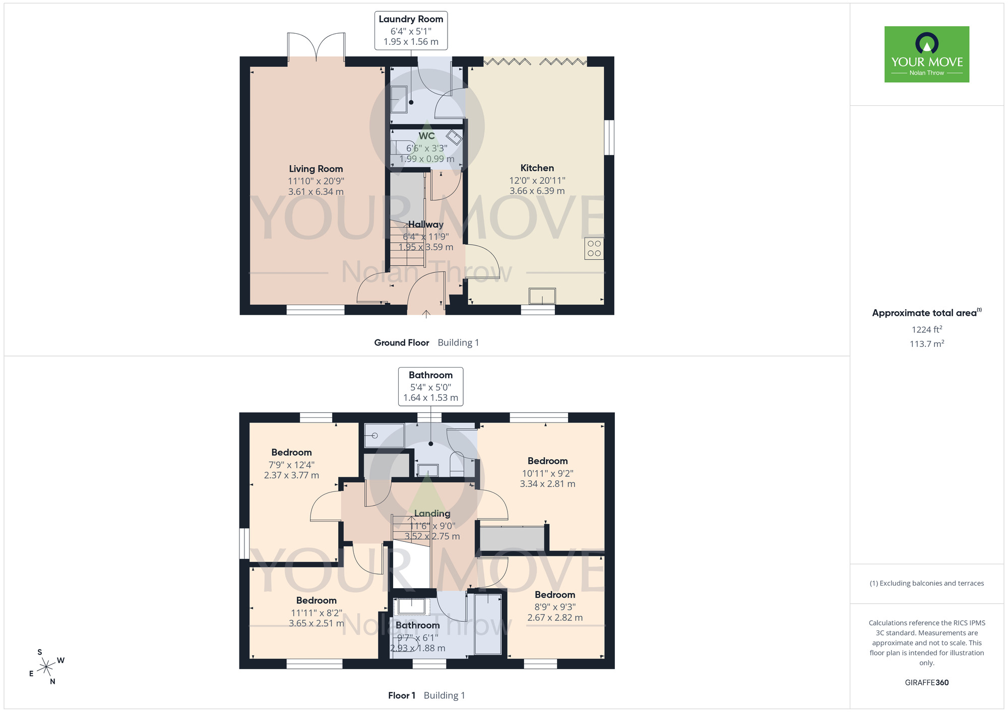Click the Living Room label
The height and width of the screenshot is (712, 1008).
316,169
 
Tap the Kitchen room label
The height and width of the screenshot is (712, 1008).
537,168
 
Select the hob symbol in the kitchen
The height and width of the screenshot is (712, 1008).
594,249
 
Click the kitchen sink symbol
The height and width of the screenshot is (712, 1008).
542,296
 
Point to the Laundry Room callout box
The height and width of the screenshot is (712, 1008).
411,31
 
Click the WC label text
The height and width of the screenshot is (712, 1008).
426,136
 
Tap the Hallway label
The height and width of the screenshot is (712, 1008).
426,225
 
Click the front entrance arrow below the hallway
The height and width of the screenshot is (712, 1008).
426,314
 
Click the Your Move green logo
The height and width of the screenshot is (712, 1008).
927,54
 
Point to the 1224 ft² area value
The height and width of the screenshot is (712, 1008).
927,329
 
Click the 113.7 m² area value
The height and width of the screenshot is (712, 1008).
927,344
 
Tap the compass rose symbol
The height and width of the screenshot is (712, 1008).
46,667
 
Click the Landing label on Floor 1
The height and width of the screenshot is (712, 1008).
432,514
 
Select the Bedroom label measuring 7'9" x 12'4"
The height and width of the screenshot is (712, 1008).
291,453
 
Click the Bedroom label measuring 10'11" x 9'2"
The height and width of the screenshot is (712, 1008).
548,461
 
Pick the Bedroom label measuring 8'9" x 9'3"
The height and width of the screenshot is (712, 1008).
555,595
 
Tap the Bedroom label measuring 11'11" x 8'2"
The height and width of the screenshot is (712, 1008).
317,601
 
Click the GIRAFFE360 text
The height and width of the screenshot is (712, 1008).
927,683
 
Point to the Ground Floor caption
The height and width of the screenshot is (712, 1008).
402,343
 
